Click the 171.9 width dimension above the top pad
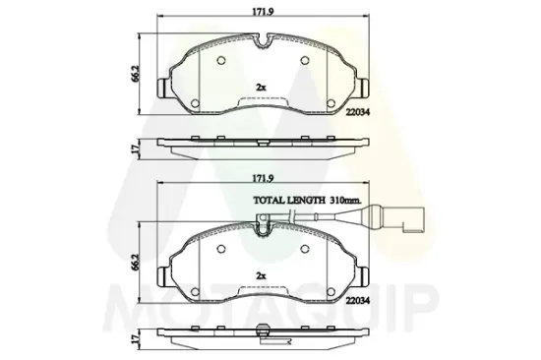click(x=263, y=12)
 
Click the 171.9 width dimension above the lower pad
click(x=263, y=178)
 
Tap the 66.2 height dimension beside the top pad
click(x=135, y=74)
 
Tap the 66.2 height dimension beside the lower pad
click(x=135, y=262)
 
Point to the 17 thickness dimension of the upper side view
click(x=135, y=149)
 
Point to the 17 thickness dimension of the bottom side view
click(x=135, y=339)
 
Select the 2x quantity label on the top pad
click(x=261, y=88)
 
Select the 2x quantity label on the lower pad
click(x=261, y=275)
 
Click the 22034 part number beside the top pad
click(x=358, y=112)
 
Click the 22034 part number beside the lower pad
click(x=358, y=301)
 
